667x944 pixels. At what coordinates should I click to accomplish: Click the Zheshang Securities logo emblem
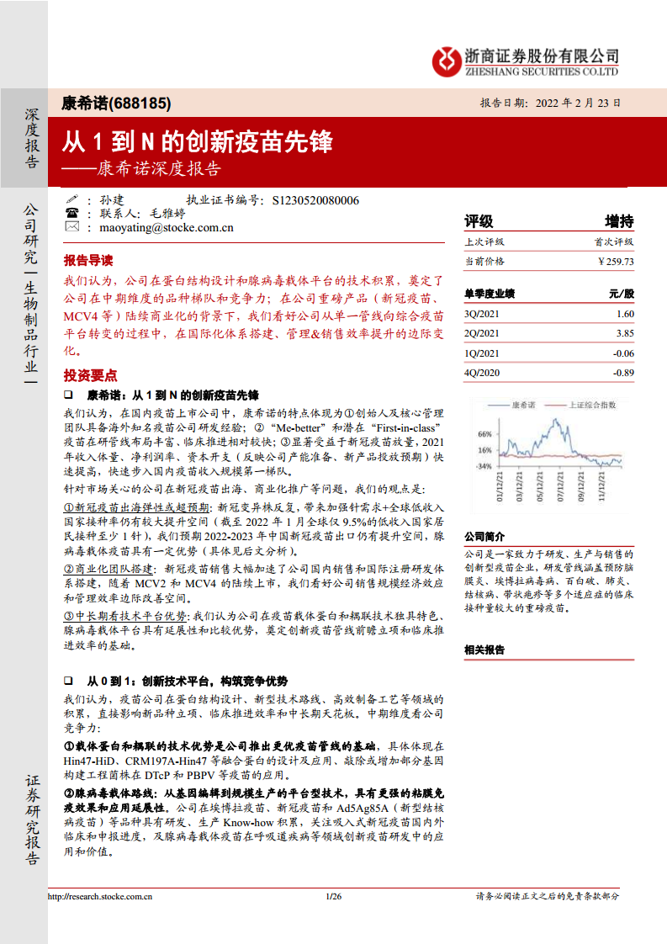tap(446, 60)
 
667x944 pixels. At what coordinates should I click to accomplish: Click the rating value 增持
tap(620, 221)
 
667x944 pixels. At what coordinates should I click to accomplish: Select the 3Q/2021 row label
tap(482, 314)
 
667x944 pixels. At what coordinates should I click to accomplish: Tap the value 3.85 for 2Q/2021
tap(625, 333)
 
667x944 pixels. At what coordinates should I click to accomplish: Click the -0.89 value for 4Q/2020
tap(623, 373)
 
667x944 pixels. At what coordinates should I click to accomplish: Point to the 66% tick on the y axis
tap(484, 434)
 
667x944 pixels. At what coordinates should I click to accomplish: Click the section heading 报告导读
tap(87, 260)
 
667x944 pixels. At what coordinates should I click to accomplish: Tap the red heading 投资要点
tap(90, 375)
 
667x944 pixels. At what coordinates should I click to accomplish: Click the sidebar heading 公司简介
tap(484, 536)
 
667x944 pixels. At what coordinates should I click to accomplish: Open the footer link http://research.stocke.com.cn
tap(101, 897)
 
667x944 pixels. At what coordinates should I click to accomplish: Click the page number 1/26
tap(333, 897)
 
